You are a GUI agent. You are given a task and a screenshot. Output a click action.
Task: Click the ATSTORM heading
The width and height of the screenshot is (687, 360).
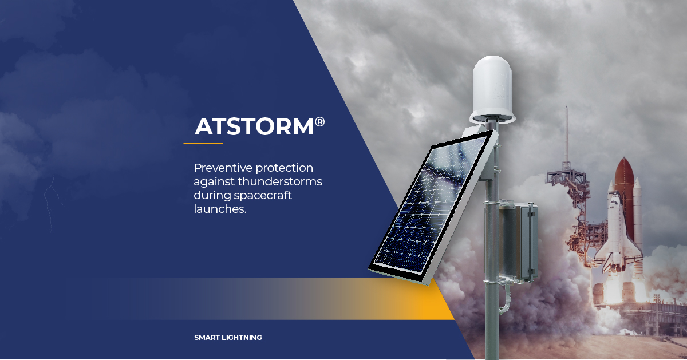point(254,126)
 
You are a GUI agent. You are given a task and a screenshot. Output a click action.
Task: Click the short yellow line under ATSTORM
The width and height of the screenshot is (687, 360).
point(203,143)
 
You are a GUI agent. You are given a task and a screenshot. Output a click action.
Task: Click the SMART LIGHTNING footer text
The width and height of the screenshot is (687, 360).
point(228,338)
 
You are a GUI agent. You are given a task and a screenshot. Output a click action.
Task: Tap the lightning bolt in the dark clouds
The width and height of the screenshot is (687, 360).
point(50,200)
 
